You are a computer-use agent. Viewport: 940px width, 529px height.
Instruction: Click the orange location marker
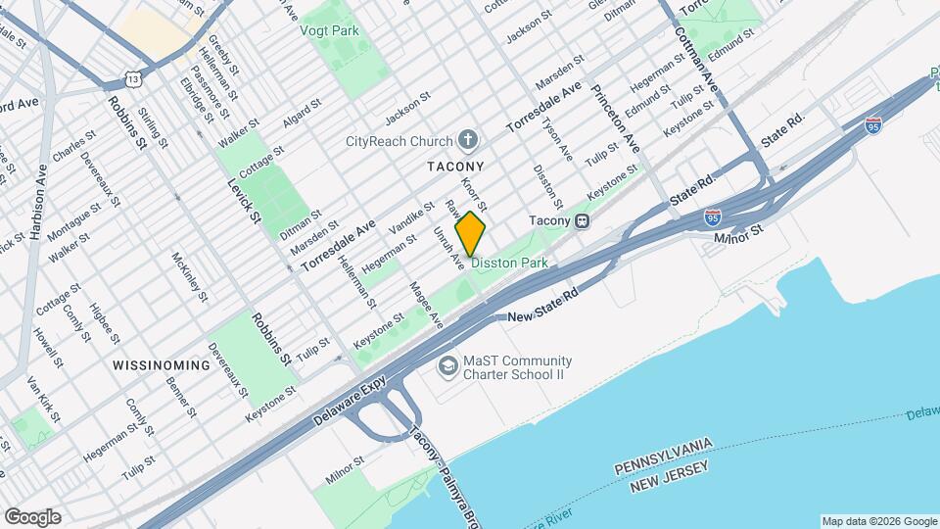click(471, 234)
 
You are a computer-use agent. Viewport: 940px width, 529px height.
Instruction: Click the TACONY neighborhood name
click(455, 168)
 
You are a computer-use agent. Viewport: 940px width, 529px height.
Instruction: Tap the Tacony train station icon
click(582, 220)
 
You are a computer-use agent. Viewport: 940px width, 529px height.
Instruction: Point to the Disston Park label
click(509, 264)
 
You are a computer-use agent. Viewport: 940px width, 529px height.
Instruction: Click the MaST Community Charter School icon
click(448, 366)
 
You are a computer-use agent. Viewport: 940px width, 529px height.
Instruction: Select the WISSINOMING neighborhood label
click(162, 365)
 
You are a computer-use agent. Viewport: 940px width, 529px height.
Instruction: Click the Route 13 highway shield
click(133, 77)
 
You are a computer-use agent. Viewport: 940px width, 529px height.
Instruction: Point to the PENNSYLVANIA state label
click(664, 470)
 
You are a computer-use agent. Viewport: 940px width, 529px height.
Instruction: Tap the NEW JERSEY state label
click(670, 487)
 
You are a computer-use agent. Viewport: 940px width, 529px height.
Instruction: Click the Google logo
click(32, 517)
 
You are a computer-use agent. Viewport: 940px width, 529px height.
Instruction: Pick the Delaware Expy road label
click(358, 403)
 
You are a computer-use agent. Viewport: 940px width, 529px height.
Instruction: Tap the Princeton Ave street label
click(614, 118)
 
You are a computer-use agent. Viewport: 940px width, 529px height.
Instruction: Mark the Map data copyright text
click(878, 521)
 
